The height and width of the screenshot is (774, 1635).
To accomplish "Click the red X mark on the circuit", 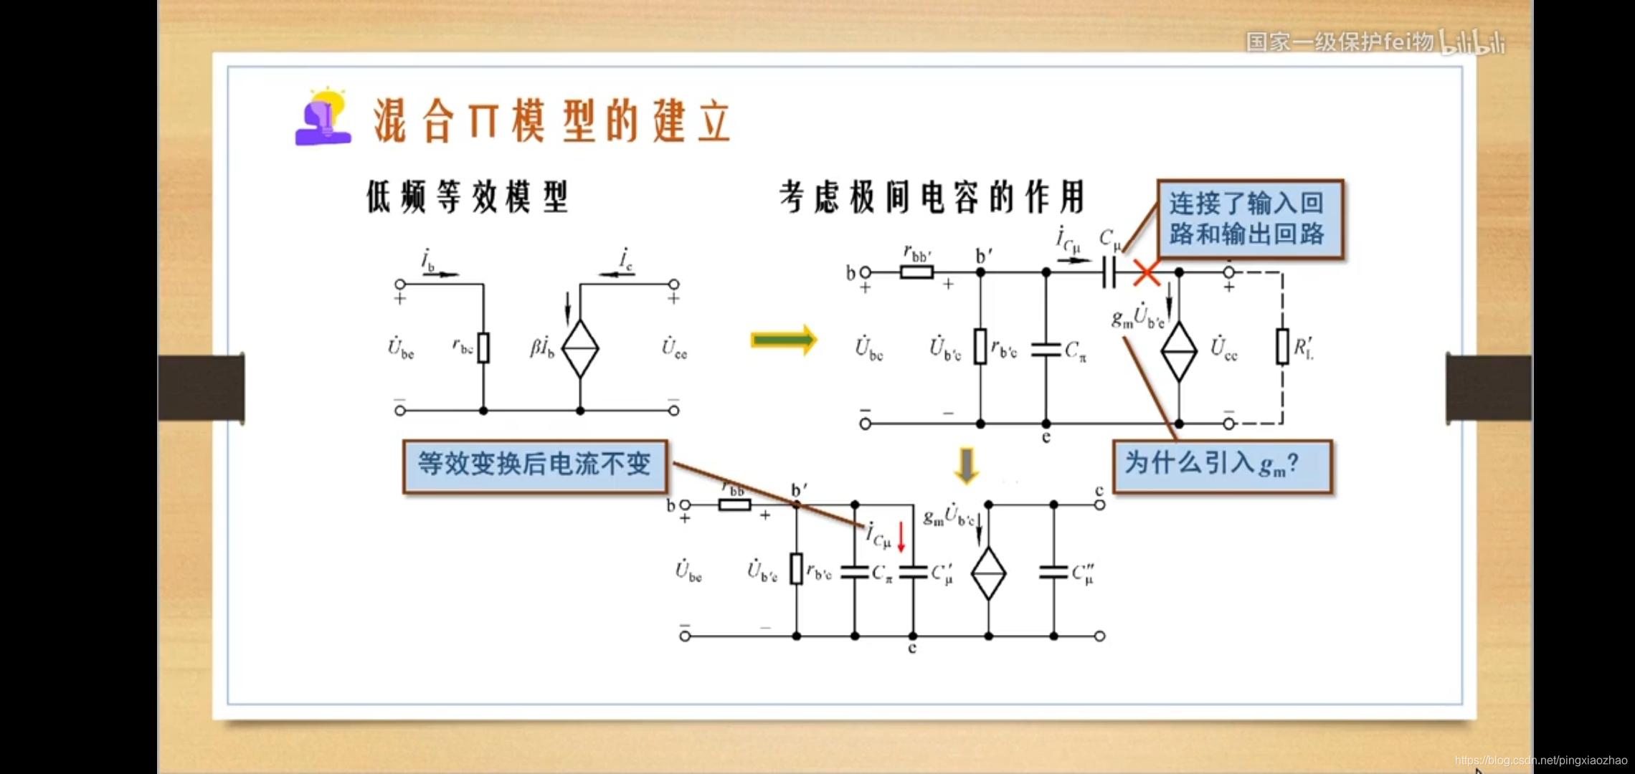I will point(1147,273).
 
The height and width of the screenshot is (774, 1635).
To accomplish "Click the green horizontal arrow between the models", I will point(784,340).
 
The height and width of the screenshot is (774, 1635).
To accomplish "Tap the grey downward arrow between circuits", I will point(967,465).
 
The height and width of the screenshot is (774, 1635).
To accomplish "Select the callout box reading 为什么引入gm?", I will point(1222,466).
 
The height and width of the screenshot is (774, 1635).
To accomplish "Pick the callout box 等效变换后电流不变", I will point(535,466).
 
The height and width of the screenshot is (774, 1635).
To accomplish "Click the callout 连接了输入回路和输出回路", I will point(1250,219).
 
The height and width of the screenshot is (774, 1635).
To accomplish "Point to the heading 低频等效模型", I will point(468,197).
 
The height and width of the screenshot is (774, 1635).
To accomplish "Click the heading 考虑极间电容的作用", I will point(932,197).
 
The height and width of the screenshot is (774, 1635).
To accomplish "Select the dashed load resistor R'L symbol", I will point(1282,347).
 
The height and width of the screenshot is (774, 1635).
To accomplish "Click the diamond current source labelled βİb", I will point(580,348).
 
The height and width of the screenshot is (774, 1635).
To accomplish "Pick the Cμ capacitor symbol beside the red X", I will point(1109,272).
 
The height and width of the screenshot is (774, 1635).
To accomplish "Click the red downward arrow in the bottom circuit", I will point(901,537).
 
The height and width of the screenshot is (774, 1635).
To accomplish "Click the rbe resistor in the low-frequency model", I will point(483,348).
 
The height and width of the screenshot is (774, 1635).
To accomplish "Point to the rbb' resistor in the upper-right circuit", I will point(916,272).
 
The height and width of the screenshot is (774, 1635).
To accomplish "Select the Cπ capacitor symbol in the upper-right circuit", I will point(1046,349).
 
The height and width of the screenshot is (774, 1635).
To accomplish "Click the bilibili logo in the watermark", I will point(1474,43).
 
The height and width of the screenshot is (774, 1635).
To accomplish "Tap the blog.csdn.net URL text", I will point(1541,760).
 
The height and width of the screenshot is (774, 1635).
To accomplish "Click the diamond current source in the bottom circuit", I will point(988,573).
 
